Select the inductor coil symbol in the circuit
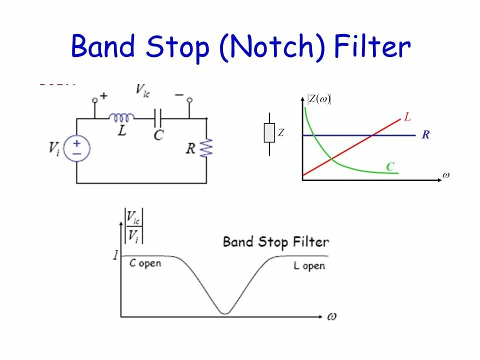(121, 118)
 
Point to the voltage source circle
(76, 148)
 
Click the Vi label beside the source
(54, 148)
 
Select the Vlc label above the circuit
(143, 90)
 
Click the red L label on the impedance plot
(407, 117)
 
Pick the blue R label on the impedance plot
(425, 135)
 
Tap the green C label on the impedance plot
(390, 167)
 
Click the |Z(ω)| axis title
(319, 99)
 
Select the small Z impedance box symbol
(269, 133)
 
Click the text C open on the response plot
(145, 263)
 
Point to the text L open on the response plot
(309, 265)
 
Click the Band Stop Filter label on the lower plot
(275, 242)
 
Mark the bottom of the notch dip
(225, 312)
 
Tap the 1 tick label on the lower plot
(115, 255)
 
